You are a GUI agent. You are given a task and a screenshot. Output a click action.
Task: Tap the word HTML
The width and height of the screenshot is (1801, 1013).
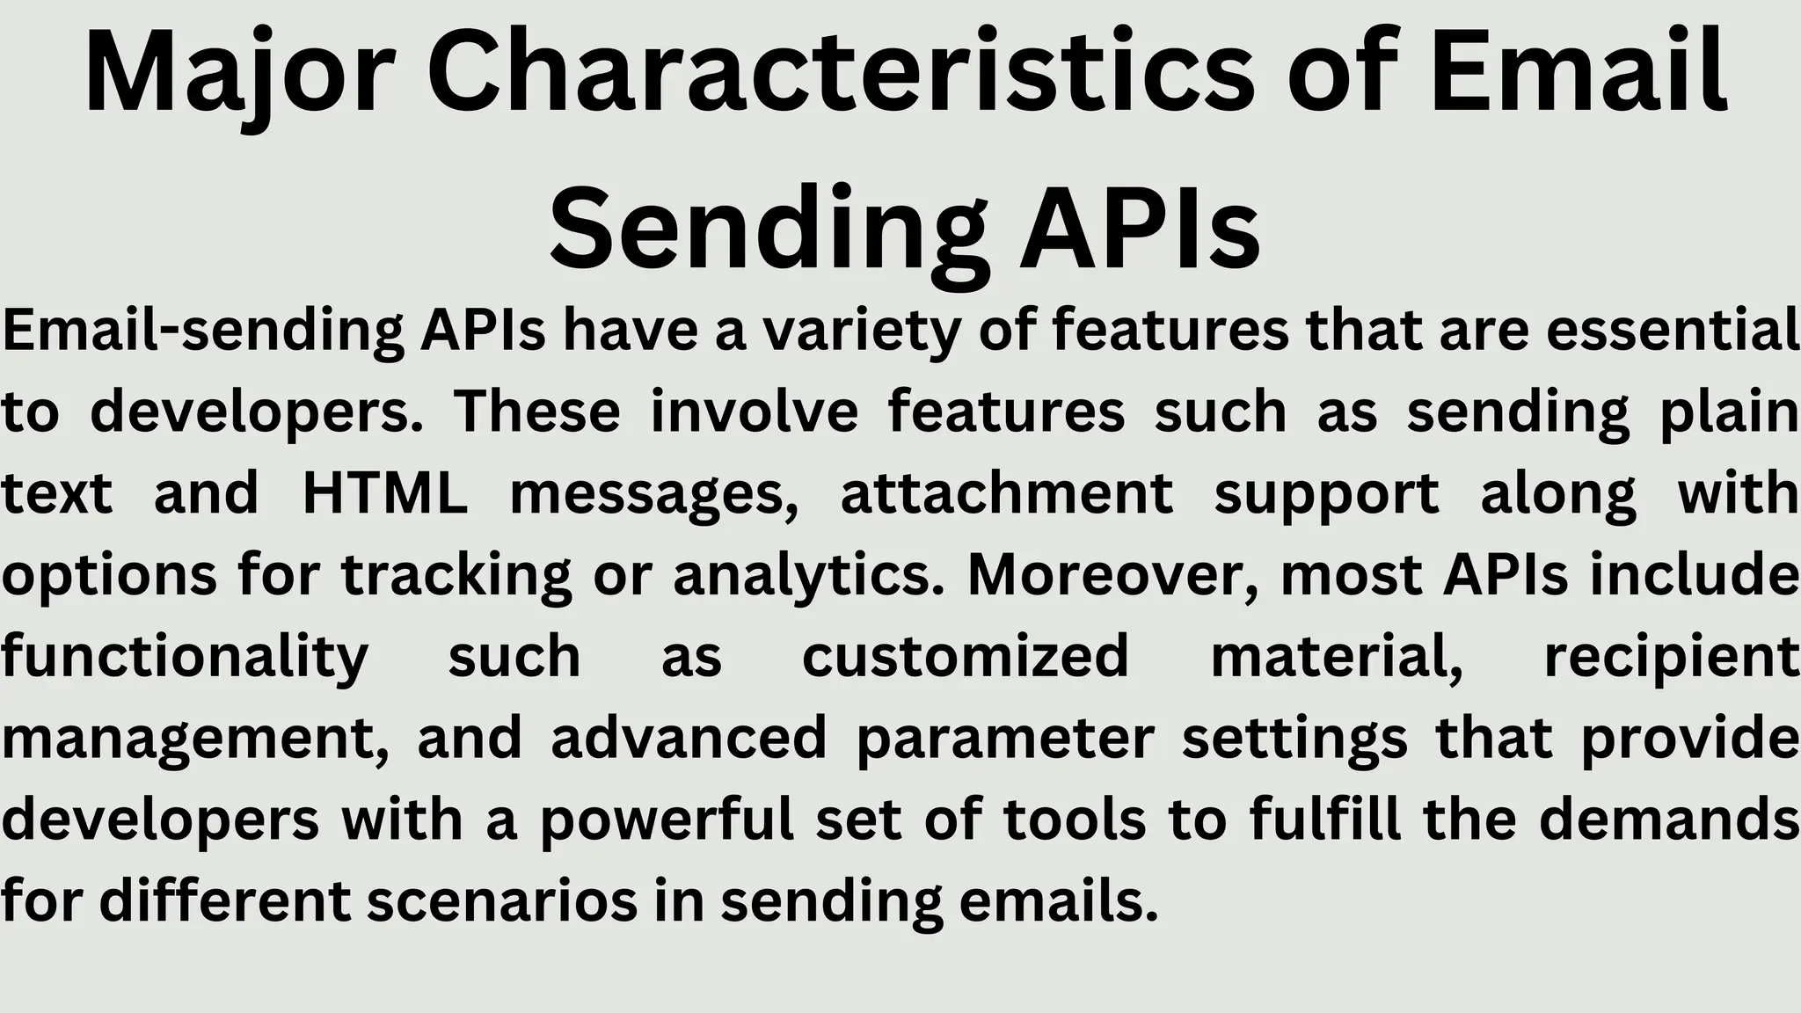click(385, 493)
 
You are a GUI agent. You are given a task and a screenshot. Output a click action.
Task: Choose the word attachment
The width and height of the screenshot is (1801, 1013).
click(1007, 493)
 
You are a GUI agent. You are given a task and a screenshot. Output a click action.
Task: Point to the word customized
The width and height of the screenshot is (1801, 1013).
click(965, 656)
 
